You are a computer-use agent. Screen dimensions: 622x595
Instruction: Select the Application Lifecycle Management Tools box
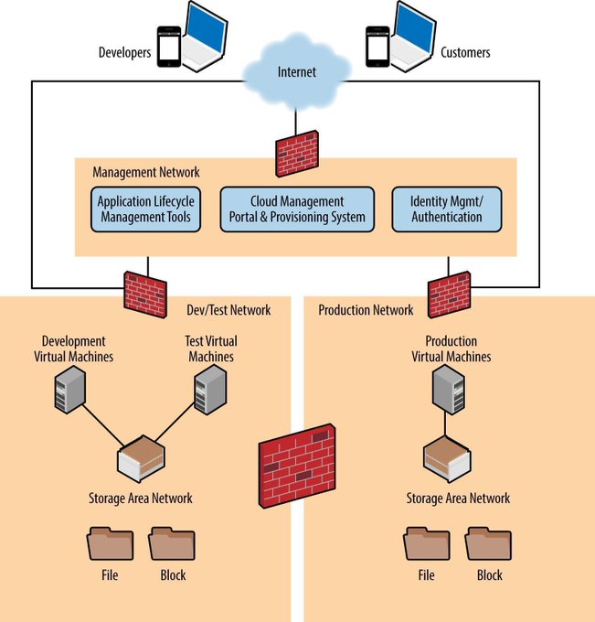[143, 209]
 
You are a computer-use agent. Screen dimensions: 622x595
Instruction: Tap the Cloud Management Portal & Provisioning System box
[297, 209]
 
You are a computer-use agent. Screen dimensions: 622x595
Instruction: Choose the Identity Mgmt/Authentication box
[447, 209]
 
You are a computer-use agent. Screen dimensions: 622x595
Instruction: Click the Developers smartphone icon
[168, 46]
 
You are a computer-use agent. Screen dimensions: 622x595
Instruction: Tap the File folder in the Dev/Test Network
[110, 543]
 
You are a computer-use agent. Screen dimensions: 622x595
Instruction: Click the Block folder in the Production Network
[489, 543]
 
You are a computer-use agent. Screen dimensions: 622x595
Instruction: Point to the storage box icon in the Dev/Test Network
[143, 458]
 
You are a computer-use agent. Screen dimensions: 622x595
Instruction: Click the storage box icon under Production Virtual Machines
[448, 457]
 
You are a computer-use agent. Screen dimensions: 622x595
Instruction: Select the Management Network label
[146, 172]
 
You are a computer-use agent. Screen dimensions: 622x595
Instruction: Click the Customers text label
[465, 52]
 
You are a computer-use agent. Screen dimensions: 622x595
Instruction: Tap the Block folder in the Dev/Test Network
[172, 543]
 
